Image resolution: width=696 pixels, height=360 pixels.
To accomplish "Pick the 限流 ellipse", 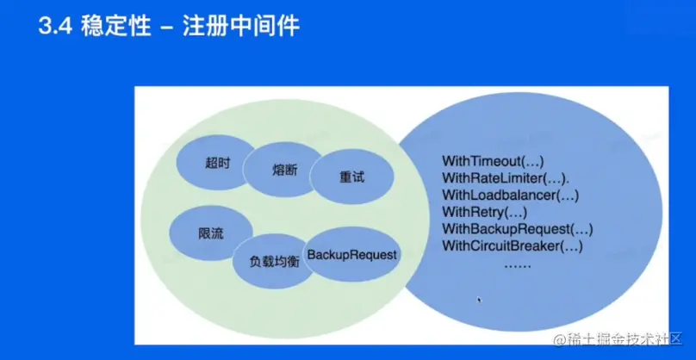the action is [x=211, y=233].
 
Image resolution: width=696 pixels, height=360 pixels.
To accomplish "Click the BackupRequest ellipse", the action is [x=351, y=255].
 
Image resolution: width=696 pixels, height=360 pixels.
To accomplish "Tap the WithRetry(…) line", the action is [x=483, y=212].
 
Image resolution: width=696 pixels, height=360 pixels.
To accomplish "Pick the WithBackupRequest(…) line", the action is [x=517, y=229].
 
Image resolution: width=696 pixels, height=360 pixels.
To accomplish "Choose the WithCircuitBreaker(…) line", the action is [x=513, y=246].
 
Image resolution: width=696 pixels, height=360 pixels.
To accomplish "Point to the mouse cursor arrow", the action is [x=479, y=301].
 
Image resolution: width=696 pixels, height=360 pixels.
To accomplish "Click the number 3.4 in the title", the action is [x=56, y=27].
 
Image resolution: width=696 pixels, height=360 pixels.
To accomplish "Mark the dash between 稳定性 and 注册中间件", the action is [x=167, y=28].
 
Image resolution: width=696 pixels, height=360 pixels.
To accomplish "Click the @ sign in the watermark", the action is [x=559, y=340].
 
